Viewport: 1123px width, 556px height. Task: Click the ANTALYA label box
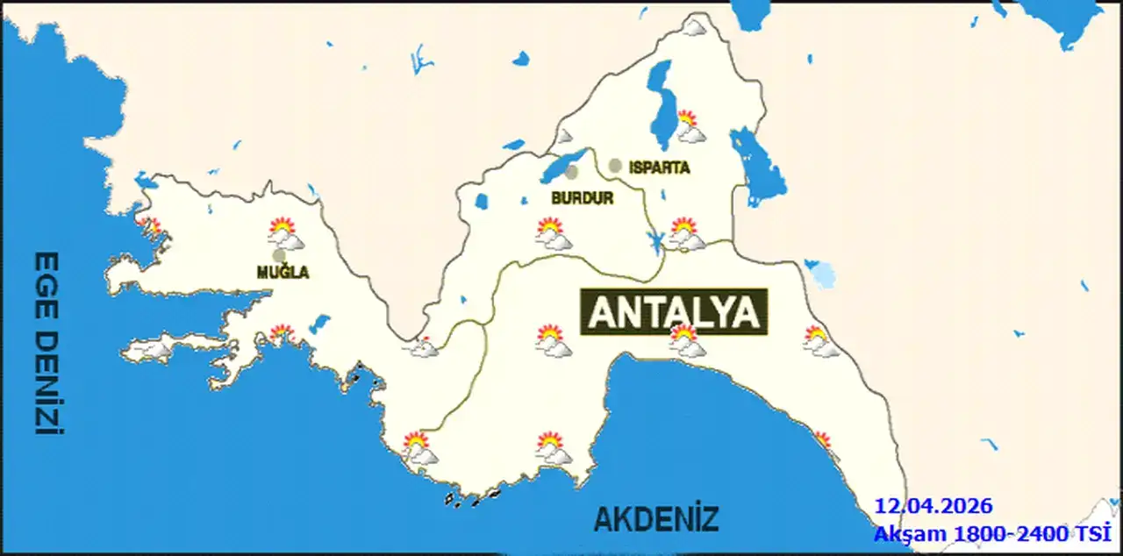pos(674,312)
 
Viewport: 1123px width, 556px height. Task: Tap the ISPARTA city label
pos(659,167)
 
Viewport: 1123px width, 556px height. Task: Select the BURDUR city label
pos(582,198)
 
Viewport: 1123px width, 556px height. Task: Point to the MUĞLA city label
pos(283,273)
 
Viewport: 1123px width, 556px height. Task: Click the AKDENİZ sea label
pos(656,519)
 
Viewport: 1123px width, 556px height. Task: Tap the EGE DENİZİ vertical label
pos(46,344)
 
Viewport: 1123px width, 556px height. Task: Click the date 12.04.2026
pos(933,506)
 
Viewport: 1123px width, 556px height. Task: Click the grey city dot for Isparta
pos(615,165)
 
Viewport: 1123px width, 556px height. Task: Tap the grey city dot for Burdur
pos(572,173)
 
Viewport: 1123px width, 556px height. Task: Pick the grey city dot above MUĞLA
pos(278,255)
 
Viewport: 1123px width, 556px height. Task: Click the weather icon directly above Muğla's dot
pos(285,234)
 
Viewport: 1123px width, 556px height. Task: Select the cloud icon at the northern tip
pos(695,26)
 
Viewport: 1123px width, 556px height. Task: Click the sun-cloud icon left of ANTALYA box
pos(553,340)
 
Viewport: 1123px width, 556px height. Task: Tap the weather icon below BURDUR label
pos(553,234)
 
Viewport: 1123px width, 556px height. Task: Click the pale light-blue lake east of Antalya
pos(823,275)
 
